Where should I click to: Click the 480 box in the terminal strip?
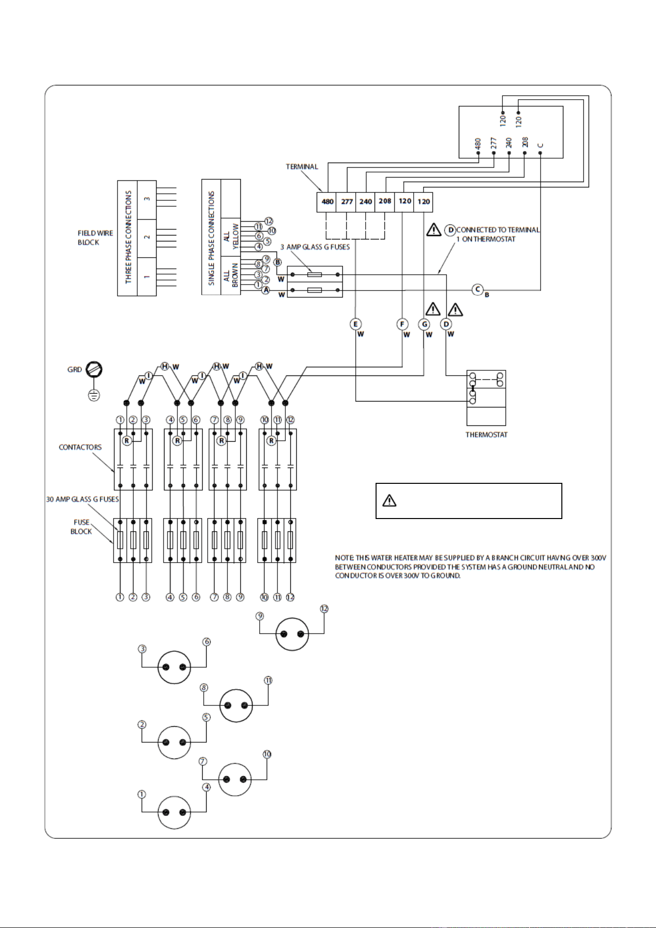[x=327, y=202]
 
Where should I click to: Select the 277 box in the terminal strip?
[x=346, y=202]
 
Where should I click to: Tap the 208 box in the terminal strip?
[x=385, y=202]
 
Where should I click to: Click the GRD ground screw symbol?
[x=94, y=369]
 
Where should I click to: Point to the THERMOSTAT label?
[x=487, y=435]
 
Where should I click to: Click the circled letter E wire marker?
[x=355, y=324]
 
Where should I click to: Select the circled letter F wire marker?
[x=402, y=324]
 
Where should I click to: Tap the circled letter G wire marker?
[x=424, y=324]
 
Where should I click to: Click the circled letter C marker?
[x=478, y=290]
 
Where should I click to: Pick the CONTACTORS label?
[x=80, y=447]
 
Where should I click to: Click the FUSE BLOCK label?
[x=82, y=527]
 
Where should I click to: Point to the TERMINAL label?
[x=302, y=167]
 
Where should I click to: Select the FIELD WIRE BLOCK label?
[x=95, y=237]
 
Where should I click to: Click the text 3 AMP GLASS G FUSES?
[x=315, y=247]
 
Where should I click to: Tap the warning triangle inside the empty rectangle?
[x=389, y=501]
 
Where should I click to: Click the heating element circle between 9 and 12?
[x=292, y=634]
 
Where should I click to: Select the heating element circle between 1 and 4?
[x=174, y=812]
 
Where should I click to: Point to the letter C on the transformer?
[x=541, y=146]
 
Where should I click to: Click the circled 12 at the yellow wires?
[x=269, y=221]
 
